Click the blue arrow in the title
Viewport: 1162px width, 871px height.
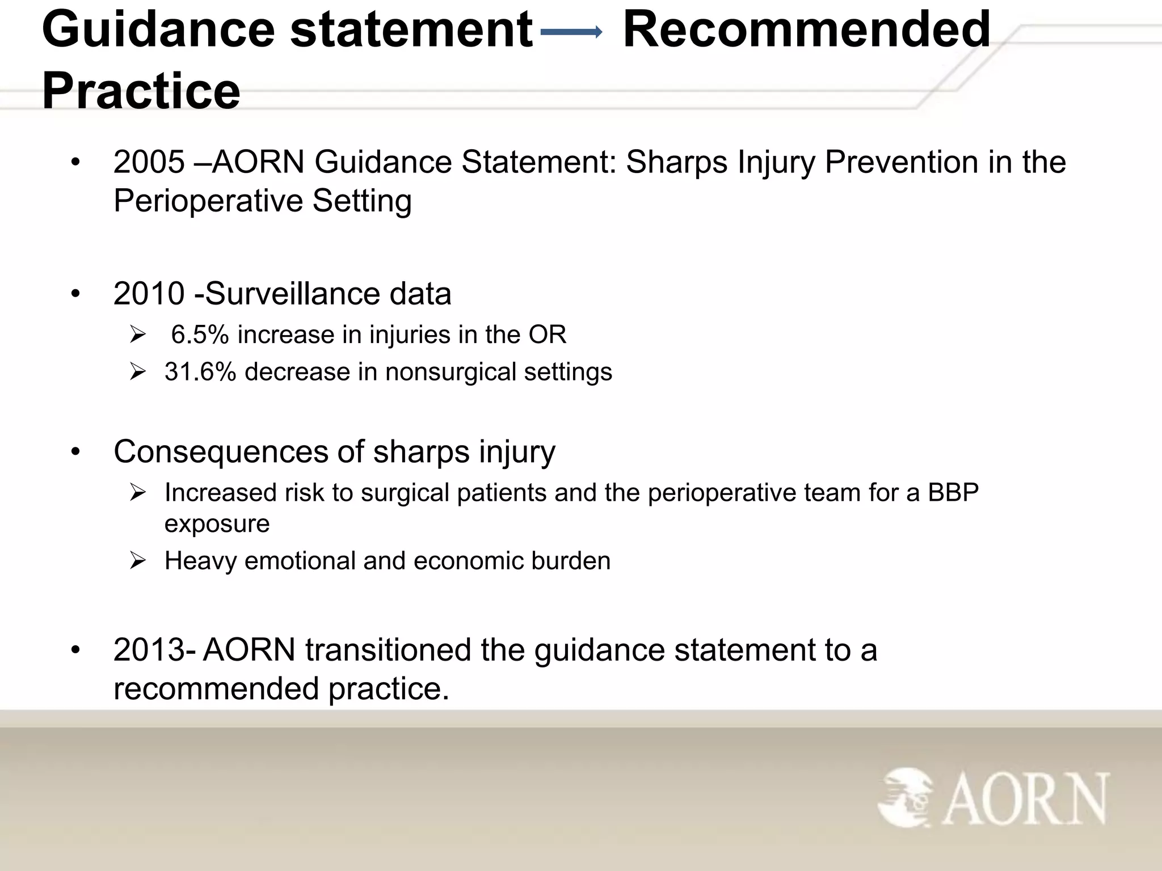(x=571, y=33)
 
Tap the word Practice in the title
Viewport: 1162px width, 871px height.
(x=141, y=91)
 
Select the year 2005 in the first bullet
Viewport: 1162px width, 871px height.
(x=149, y=162)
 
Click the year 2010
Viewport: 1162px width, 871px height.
(x=149, y=294)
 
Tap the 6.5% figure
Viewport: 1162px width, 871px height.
(x=200, y=335)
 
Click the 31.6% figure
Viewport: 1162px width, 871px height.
(x=200, y=372)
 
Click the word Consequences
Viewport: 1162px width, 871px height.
(x=221, y=452)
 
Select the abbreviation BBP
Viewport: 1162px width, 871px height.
(x=953, y=492)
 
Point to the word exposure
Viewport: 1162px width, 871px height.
(x=217, y=523)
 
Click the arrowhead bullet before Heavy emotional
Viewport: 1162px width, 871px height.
(x=138, y=561)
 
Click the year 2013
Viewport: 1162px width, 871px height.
(x=149, y=650)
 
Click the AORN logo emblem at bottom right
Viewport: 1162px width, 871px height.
(x=906, y=797)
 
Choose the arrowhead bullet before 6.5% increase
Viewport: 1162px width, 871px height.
(x=138, y=335)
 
